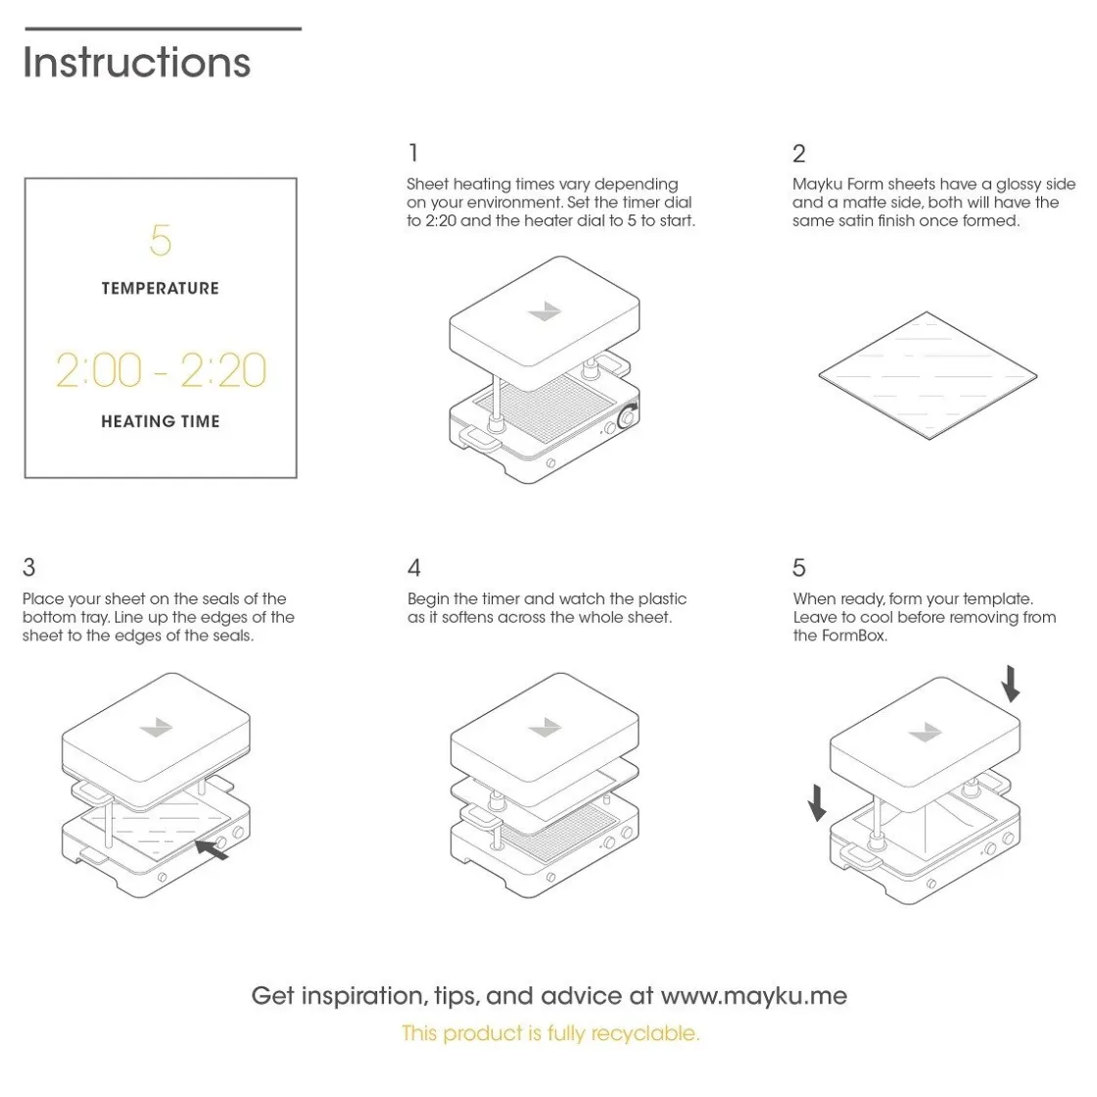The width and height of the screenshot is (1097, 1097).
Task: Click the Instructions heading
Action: pos(136,63)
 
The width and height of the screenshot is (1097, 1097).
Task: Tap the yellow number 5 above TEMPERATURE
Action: pos(160,240)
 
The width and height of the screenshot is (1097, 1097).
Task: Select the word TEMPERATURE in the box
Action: pos(160,289)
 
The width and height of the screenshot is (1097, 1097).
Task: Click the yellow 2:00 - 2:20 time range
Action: pos(161,370)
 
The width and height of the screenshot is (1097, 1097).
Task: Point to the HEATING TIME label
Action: pos(160,422)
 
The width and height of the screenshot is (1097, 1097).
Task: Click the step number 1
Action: pos(413,153)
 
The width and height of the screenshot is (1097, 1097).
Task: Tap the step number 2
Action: pos(799,154)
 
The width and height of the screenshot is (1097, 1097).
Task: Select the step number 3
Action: pos(28,567)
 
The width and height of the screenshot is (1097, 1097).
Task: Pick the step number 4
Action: pos(414,568)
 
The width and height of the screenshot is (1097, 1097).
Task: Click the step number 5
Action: pos(799,568)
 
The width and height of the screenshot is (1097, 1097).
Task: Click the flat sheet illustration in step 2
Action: pos(927,376)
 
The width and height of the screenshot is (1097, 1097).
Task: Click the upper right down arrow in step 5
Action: pos(1011,683)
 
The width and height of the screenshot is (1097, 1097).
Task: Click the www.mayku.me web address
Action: pos(753,996)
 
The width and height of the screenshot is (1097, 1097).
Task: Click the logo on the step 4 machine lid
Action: pos(544,728)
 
